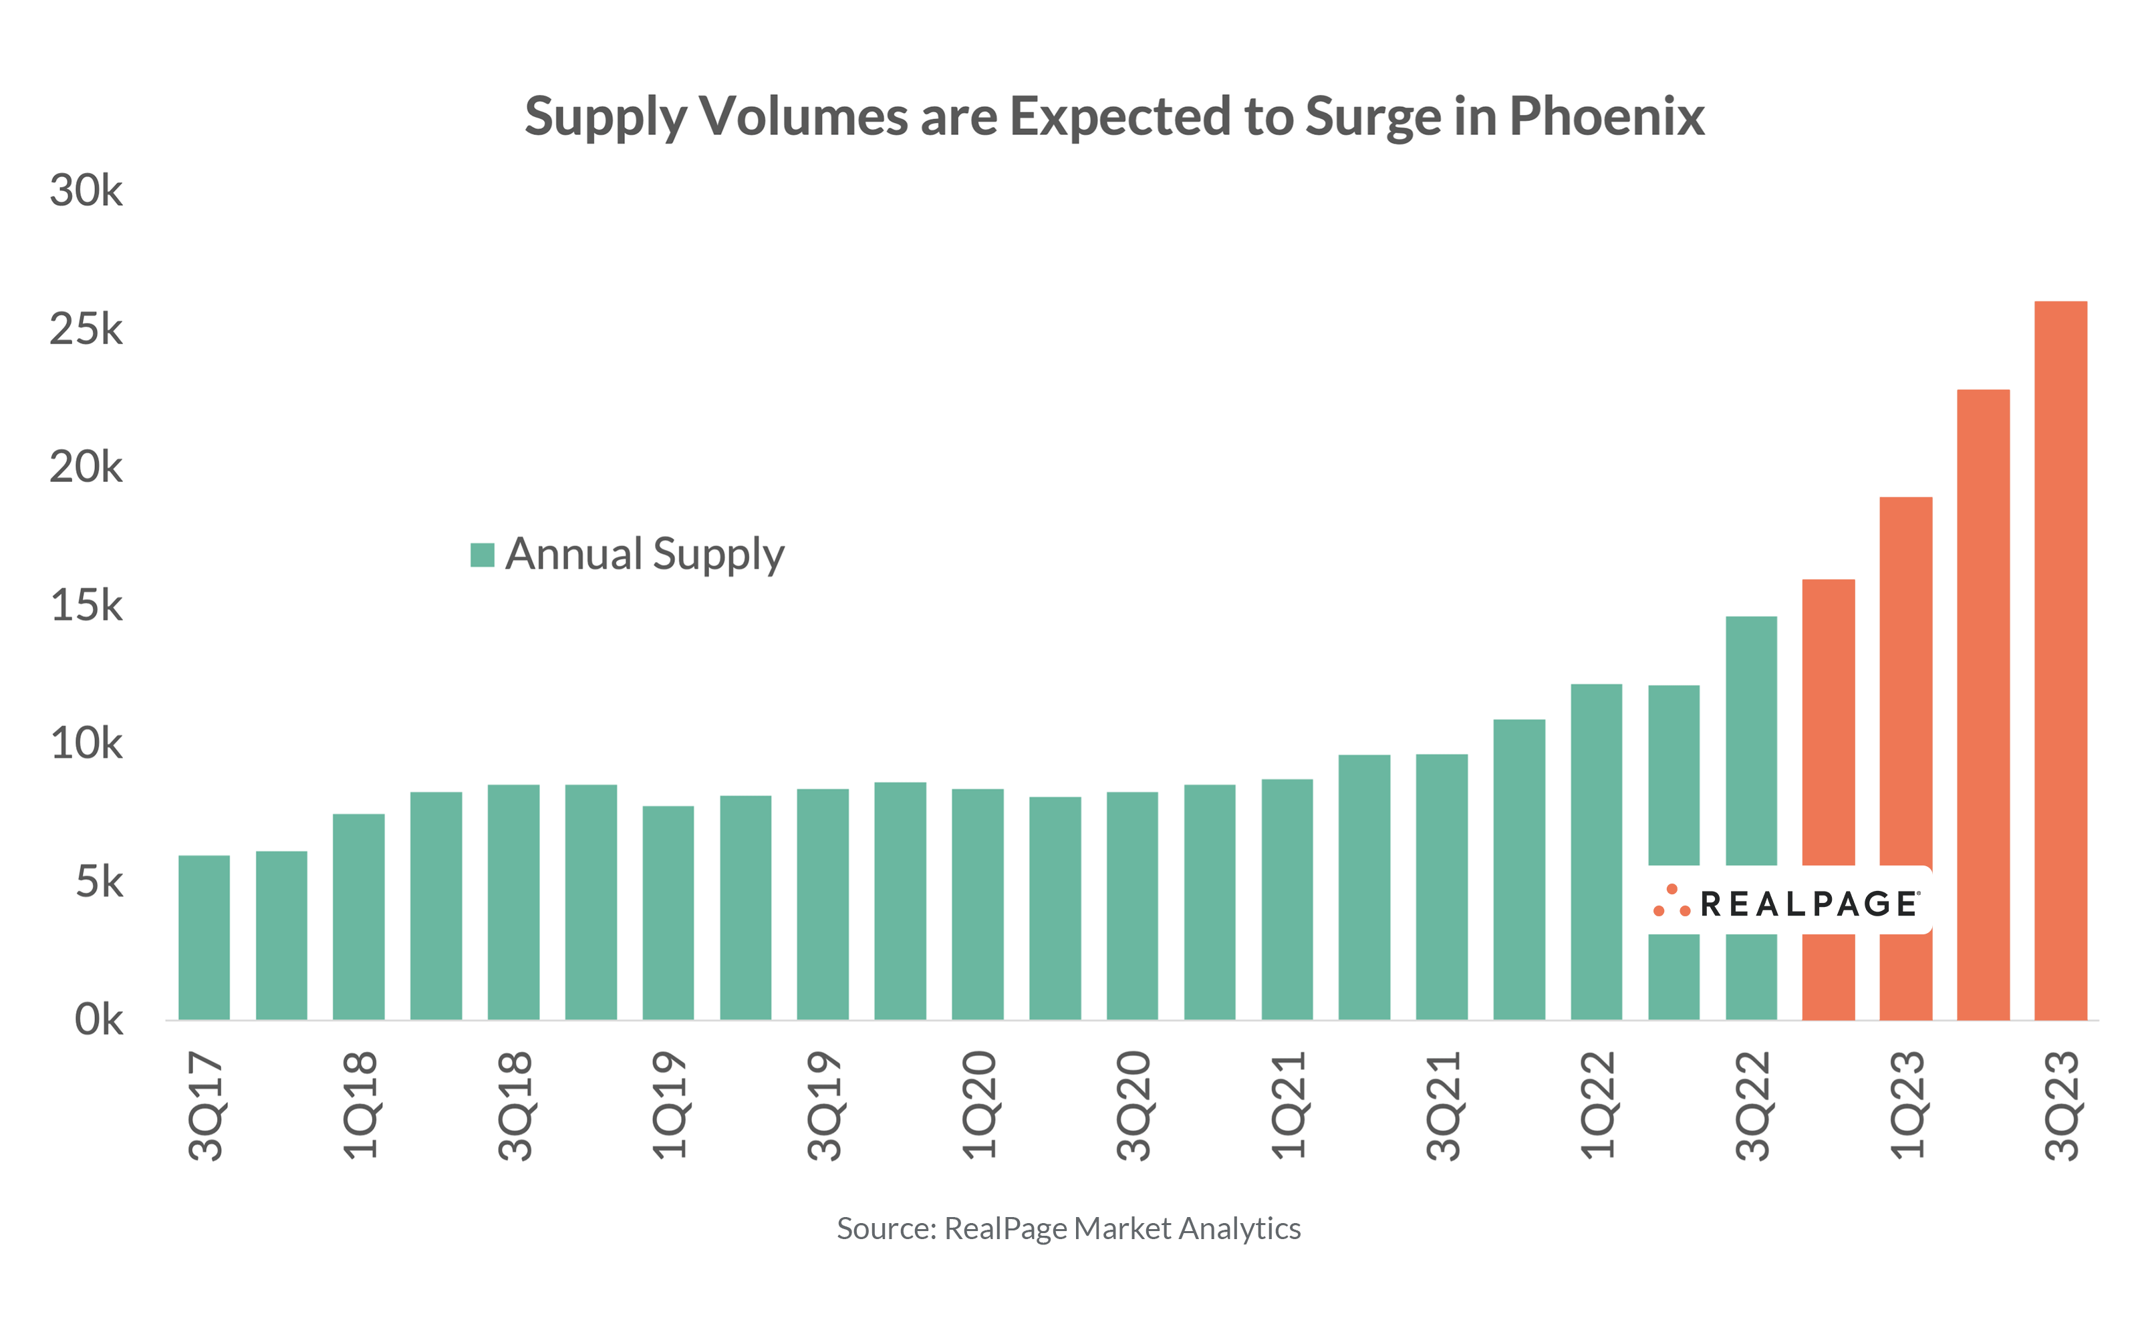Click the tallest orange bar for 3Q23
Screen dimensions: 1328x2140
click(x=2059, y=659)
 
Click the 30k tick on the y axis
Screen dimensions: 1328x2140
click(x=86, y=190)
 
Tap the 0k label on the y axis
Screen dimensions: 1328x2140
click(x=98, y=1020)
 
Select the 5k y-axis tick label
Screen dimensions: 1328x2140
click(x=98, y=882)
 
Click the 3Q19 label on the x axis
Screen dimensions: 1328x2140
click(x=823, y=1105)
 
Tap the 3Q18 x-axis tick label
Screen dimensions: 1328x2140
click(x=515, y=1105)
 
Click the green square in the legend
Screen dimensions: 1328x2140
click(x=482, y=555)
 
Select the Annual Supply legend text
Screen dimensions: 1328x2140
click(x=644, y=554)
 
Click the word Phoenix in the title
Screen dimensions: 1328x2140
click(x=1606, y=116)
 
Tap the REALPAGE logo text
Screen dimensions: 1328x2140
click(x=1809, y=904)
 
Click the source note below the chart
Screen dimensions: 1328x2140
click(x=1068, y=1228)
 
